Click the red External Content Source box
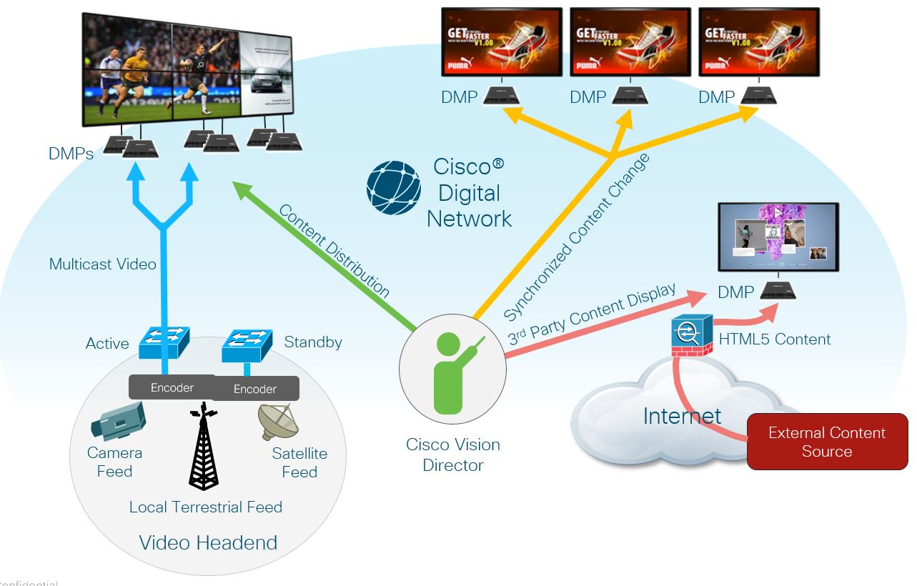pos(827,442)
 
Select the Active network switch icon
pos(163,343)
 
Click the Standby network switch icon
pos(247,345)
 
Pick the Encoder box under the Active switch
pos(172,387)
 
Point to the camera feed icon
pos(118,421)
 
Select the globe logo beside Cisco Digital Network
pos(394,188)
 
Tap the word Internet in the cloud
pos(682,415)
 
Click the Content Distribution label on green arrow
pos(334,251)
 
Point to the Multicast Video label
pos(102,264)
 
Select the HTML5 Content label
pos(775,339)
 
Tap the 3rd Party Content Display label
pos(591,314)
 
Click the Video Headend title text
pos(208,542)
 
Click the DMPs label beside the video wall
pos(71,153)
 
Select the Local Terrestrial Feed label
pos(206,507)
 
